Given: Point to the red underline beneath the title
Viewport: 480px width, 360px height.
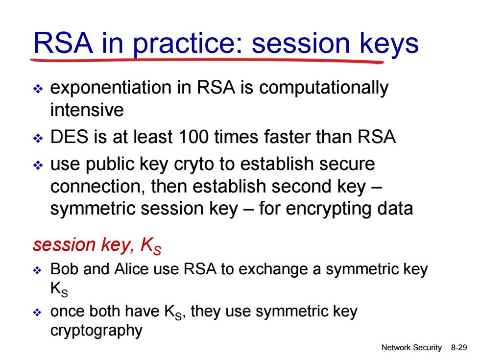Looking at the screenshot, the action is pos(207,60).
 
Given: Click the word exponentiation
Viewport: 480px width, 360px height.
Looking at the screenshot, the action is pos(111,88).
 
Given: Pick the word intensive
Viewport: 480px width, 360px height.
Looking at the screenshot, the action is pos(87,110).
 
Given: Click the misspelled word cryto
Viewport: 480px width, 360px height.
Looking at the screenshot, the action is pos(194,165).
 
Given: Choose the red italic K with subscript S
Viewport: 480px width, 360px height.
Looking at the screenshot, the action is pos(151,246).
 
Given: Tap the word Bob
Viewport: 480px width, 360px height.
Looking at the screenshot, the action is pos(64,269).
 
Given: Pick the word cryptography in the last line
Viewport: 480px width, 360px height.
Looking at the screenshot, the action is pos(96,331).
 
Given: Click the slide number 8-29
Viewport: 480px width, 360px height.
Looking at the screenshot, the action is pos(459,347).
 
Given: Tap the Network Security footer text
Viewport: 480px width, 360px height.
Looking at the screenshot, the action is pos(411,348).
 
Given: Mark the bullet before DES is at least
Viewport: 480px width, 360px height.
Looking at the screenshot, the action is pos(38,138).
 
